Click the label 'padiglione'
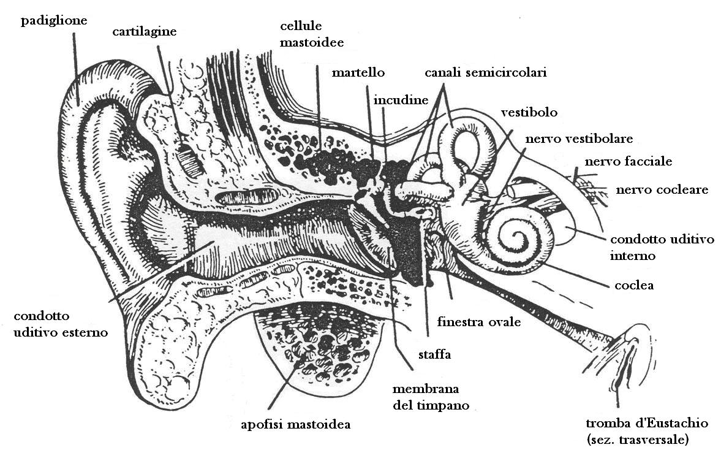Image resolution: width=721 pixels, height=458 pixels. [54, 21]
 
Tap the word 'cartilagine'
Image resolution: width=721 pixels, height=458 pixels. [145, 31]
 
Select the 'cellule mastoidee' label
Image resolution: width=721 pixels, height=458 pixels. [311, 34]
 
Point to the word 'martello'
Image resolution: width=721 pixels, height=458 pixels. [358, 72]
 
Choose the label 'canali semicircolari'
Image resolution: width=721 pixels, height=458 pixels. [486, 72]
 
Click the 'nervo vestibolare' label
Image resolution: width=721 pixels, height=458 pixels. [579, 138]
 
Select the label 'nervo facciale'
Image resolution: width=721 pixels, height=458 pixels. [629, 162]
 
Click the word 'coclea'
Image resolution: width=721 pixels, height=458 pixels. [634, 285]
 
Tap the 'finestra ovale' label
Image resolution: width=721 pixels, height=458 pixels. [479, 321]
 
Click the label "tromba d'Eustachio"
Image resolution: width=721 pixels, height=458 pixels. [647, 424]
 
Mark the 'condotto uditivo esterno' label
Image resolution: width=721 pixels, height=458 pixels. [60, 324]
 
